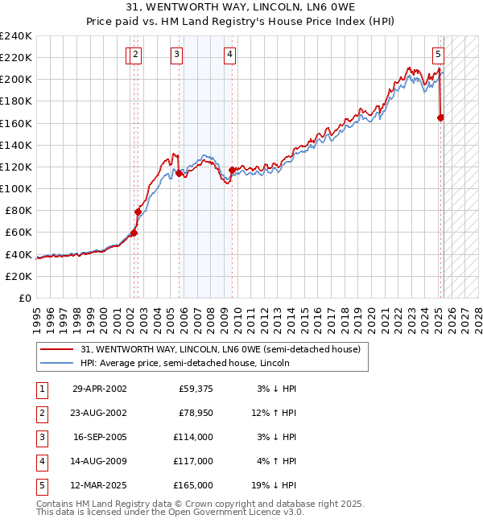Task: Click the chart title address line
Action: (x=241, y=7)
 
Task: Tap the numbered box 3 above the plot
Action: (x=175, y=55)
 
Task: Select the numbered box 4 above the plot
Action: (x=229, y=55)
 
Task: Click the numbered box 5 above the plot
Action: (x=438, y=55)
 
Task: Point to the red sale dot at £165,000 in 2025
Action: (x=440, y=117)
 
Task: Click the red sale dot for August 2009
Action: (x=232, y=170)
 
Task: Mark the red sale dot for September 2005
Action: (x=179, y=173)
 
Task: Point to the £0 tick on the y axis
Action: (x=24, y=298)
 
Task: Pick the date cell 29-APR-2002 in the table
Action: (x=100, y=389)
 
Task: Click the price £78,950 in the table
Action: (x=194, y=413)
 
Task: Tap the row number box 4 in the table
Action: (x=40, y=461)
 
